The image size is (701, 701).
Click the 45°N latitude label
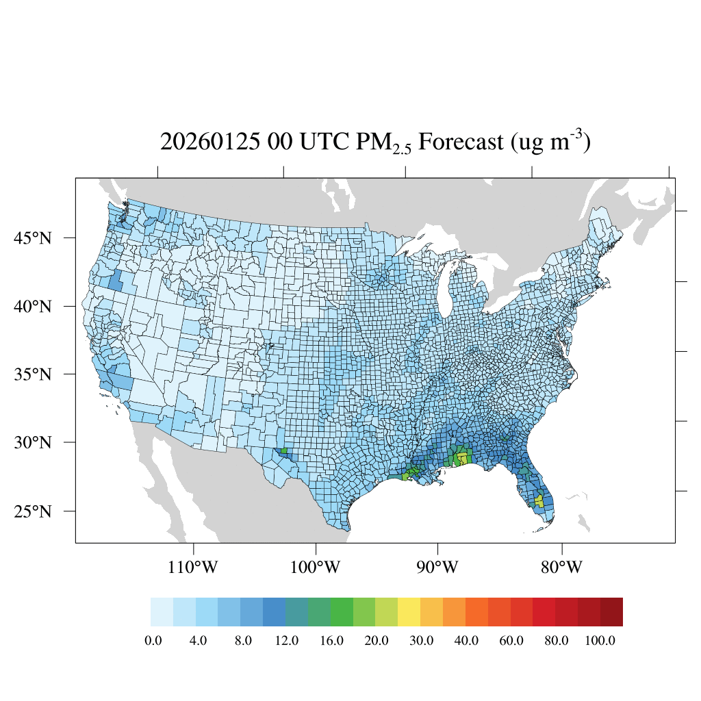click(x=33, y=238)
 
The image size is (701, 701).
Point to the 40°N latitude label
click(x=33, y=306)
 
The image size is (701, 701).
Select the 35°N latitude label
click(x=33, y=374)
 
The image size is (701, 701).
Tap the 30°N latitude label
click(x=33, y=442)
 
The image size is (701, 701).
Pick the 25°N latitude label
click(x=33, y=511)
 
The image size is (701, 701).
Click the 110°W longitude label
click(x=194, y=568)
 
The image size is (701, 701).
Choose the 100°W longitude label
click(x=316, y=568)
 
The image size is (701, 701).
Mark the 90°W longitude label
click(x=437, y=568)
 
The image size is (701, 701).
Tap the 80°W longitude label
click(x=561, y=568)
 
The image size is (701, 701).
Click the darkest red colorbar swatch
click(x=611, y=612)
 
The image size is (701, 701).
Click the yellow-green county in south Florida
click(x=539, y=501)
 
